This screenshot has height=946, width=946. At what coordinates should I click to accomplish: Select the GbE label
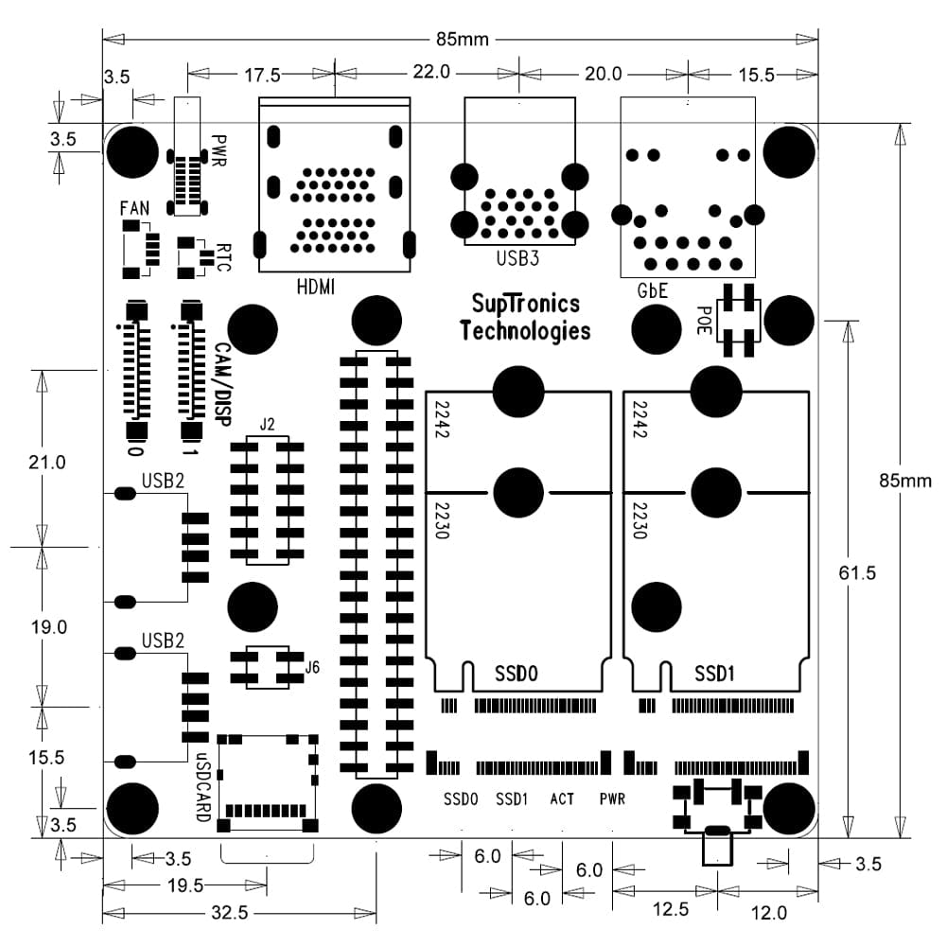tap(653, 292)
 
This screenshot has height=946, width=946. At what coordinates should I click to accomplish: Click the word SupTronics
tap(525, 305)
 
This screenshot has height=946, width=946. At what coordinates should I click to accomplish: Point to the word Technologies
tap(525, 330)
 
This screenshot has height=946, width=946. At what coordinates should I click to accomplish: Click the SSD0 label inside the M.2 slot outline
tap(516, 674)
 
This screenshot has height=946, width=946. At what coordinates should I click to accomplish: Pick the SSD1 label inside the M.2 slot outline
tap(715, 674)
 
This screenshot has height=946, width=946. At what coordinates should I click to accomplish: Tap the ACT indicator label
tap(562, 799)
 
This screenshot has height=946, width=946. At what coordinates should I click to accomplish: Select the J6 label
tap(311, 668)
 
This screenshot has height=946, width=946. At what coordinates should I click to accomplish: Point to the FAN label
tap(134, 207)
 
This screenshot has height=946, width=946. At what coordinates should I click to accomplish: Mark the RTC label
tap(223, 257)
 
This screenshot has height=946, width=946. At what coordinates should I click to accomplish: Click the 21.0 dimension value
tap(47, 463)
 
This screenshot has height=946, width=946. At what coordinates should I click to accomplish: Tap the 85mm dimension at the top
tap(462, 40)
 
